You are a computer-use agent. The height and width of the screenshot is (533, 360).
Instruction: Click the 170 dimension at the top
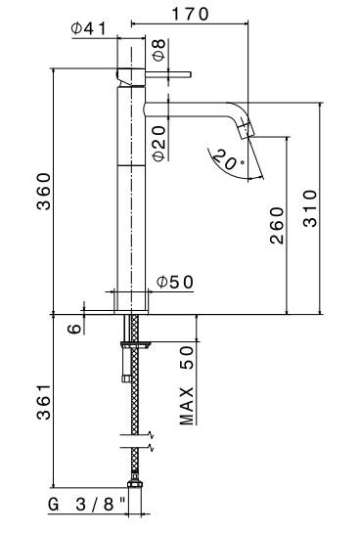pos(190,14)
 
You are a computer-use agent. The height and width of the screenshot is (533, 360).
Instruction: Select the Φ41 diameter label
pos(89,28)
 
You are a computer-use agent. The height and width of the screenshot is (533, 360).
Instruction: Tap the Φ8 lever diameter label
pos(158,50)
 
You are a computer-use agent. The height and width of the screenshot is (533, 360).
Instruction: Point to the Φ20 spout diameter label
pos(158,143)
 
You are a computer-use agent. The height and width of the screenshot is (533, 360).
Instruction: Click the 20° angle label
pos(228,159)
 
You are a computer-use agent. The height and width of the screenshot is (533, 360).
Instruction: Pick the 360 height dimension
pos(44,192)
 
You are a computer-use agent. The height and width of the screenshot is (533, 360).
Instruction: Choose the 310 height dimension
pos(310,208)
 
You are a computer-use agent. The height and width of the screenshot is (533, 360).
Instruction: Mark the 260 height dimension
pos(277,225)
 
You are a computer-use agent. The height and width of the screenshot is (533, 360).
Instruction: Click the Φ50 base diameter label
pos(175,282)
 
